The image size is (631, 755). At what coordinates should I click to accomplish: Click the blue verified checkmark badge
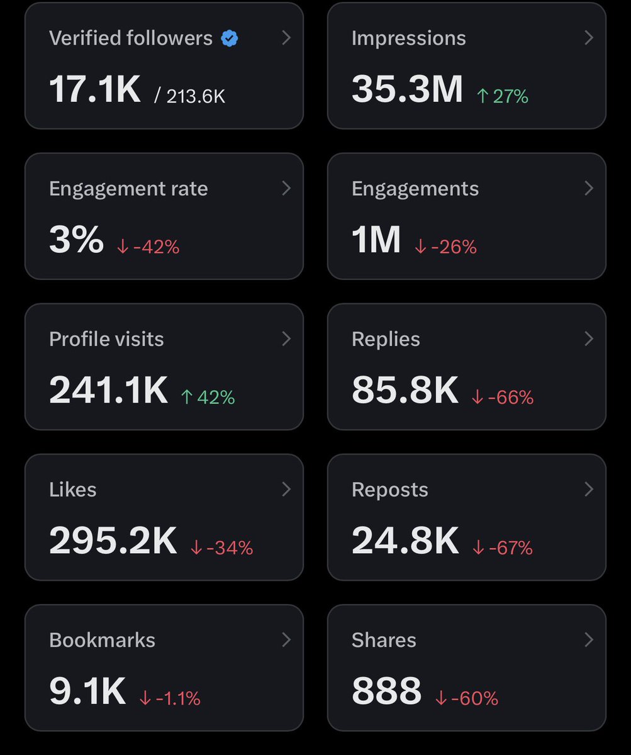pyautogui.click(x=230, y=38)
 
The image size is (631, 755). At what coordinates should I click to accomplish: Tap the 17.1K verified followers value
pyautogui.click(x=95, y=89)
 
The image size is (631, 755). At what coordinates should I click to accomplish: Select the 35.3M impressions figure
pyautogui.click(x=407, y=89)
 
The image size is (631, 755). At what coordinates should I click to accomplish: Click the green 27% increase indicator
pyautogui.click(x=502, y=96)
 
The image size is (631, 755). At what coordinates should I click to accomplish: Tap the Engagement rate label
pyautogui.click(x=128, y=189)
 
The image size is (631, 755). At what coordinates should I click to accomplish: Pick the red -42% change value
pyautogui.click(x=148, y=247)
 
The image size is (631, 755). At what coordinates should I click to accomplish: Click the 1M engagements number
pyautogui.click(x=376, y=240)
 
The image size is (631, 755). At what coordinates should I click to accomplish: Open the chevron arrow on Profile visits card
pyautogui.click(x=286, y=339)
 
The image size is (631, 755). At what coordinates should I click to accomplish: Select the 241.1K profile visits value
pyautogui.click(x=108, y=390)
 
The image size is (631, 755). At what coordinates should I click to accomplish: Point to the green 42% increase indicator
pyautogui.click(x=208, y=397)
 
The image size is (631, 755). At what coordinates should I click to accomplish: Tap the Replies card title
pyautogui.click(x=386, y=339)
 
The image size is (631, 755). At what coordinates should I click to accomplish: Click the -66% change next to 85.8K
pyautogui.click(x=503, y=397)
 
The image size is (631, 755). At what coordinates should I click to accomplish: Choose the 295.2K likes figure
pyautogui.click(x=113, y=540)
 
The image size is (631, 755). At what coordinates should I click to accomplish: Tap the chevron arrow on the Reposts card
pyautogui.click(x=589, y=489)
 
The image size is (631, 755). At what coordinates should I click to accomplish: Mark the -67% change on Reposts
pyautogui.click(x=503, y=547)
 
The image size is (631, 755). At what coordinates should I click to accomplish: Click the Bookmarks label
pyautogui.click(x=102, y=640)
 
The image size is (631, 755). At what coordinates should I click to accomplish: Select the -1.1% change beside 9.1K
pyautogui.click(x=170, y=698)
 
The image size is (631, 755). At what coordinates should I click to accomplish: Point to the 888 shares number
pyautogui.click(x=386, y=691)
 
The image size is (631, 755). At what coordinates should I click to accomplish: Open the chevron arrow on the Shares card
pyautogui.click(x=589, y=640)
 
